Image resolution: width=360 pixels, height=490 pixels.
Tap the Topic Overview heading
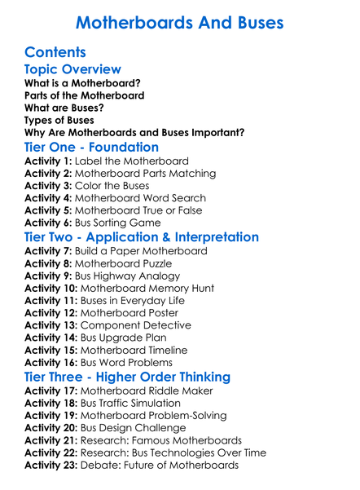click(73, 70)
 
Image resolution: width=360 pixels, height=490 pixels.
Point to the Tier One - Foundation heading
click(92, 147)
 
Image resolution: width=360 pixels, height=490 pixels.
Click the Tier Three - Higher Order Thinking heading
click(127, 377)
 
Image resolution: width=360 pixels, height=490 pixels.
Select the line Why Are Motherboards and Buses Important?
click(134, 132)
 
